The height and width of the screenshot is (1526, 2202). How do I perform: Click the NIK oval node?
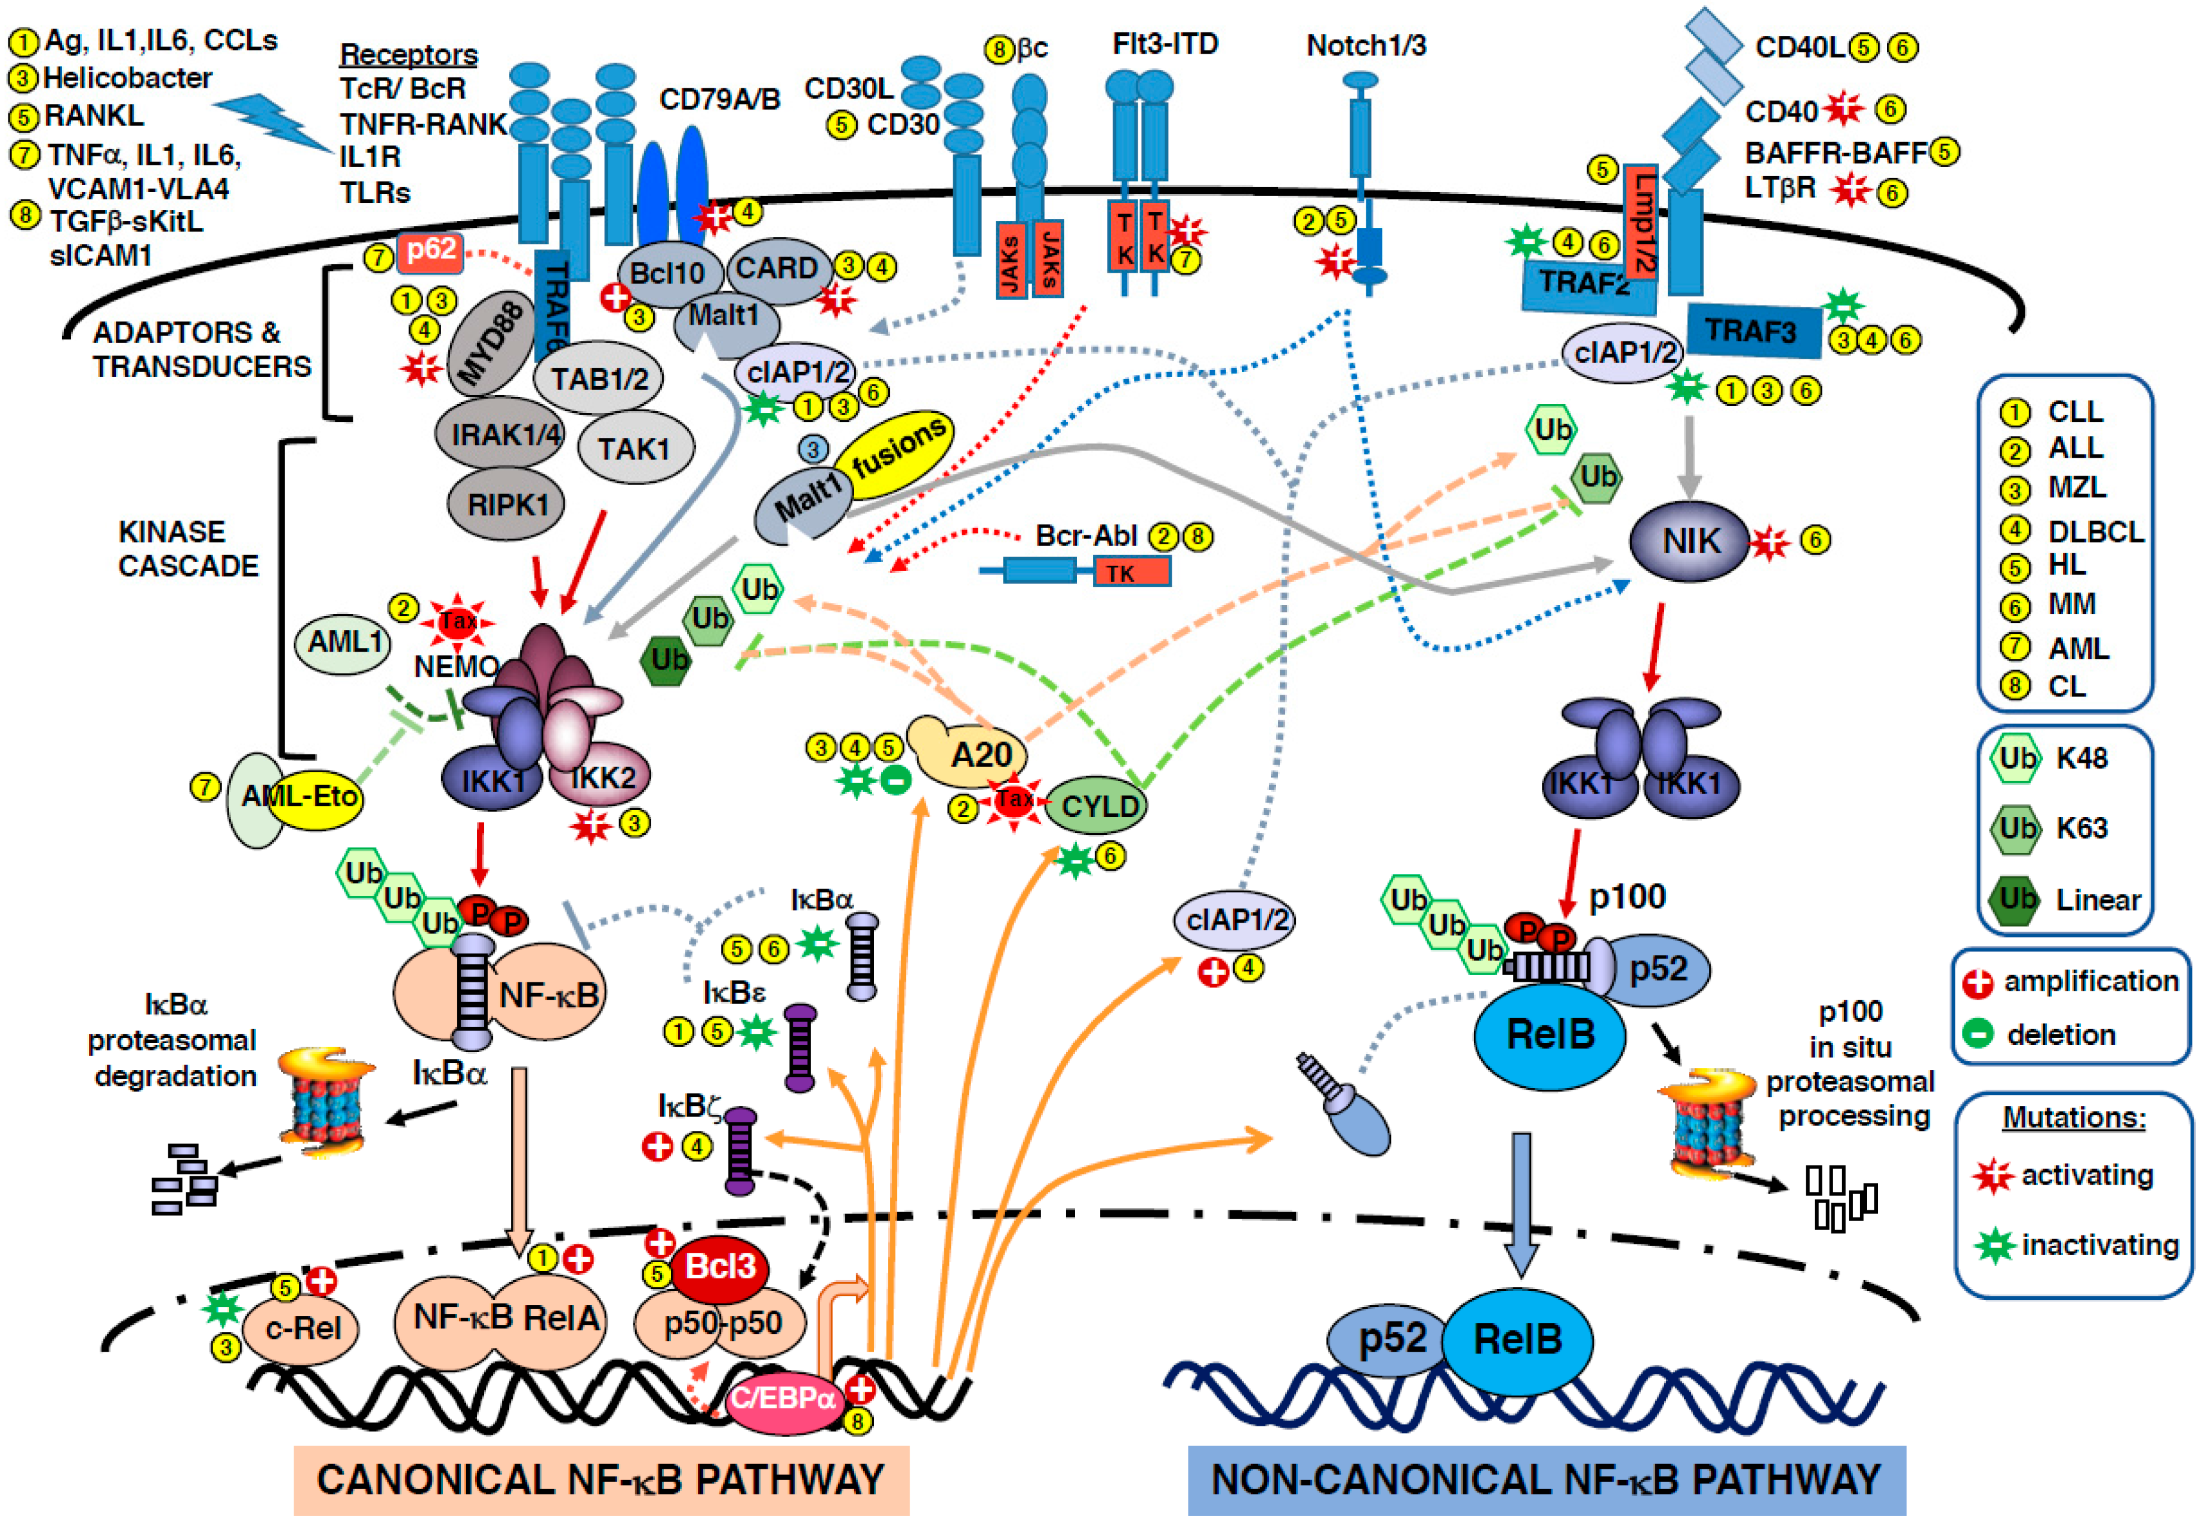point(1689,541)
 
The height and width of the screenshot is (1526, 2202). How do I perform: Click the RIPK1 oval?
point(507,504)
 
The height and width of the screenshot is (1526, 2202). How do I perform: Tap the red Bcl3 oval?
point(719,1267)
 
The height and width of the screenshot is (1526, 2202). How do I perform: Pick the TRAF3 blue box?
point(1752,331)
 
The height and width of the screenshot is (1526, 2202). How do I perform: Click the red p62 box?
point(430,251)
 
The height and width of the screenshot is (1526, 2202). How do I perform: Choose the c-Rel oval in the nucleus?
point(301,1328)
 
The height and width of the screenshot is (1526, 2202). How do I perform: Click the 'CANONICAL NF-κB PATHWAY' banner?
point(600,1479)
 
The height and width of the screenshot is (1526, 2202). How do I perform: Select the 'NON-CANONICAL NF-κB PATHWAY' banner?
point(1545,1479)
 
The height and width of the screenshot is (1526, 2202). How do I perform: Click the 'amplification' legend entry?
point(2089,981)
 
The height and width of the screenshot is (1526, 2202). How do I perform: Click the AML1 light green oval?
point(344,643)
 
